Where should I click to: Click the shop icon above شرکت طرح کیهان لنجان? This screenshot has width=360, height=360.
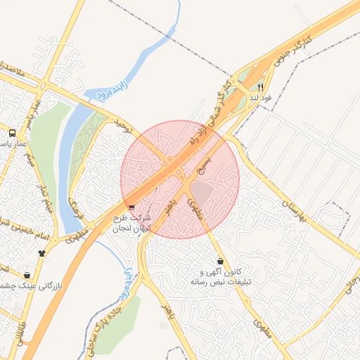[132, 207]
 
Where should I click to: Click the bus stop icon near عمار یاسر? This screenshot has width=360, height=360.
[13, 132]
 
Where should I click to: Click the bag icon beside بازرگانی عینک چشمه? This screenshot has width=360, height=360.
[27, 275]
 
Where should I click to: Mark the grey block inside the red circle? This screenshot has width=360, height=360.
[202, 191]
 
